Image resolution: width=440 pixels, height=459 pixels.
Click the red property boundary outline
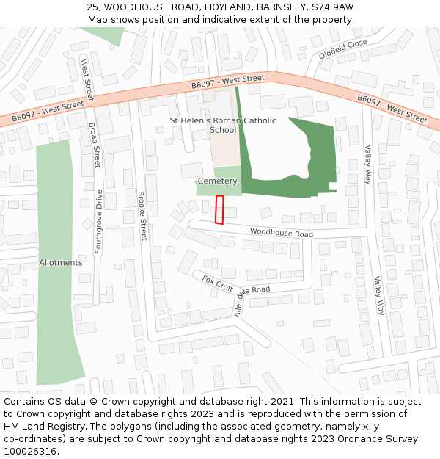pos(219,209)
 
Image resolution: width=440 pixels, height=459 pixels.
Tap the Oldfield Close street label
pos(342,49)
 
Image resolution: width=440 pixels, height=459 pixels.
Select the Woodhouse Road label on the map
pos(281,233)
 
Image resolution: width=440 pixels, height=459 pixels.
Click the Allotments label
pos(61,262)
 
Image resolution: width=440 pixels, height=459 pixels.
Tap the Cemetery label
pos(218,181)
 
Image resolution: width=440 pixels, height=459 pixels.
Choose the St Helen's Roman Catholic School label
pos(223,125)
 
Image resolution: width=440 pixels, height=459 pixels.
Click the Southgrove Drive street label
pos(99,222)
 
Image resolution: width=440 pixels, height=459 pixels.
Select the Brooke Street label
pos(142,216)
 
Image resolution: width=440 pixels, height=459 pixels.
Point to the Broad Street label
pos(94,145)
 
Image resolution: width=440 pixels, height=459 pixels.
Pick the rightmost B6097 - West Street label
pos(392,108)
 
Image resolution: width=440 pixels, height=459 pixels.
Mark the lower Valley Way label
pos(378,295)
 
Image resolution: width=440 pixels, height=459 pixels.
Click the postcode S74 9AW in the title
pos(332,7)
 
